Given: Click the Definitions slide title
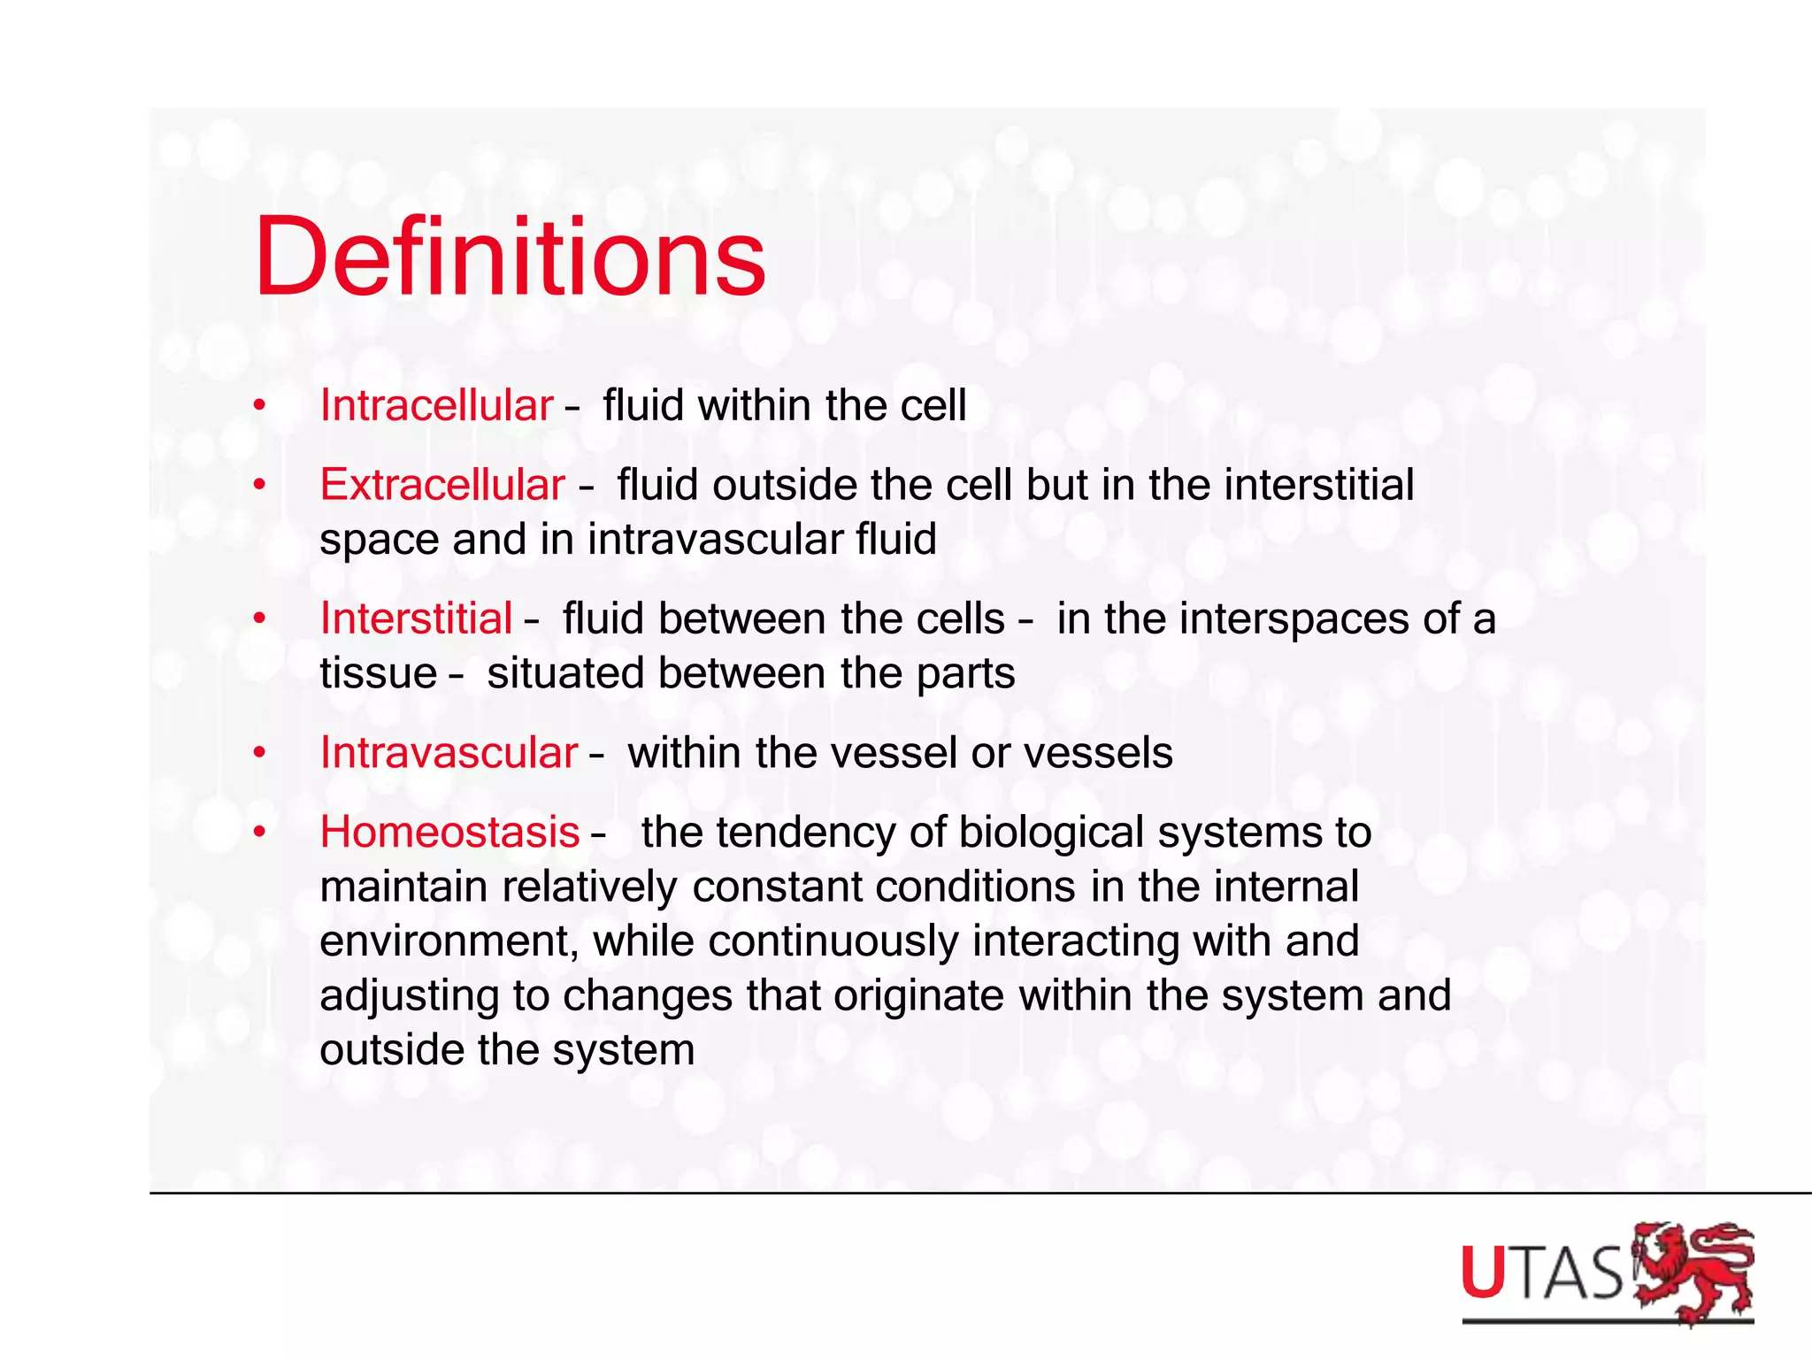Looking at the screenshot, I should point(510,258).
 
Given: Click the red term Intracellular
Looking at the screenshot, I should point(436,406).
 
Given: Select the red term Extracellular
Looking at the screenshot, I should point(442,485).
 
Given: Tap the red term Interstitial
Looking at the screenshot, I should point(416,618).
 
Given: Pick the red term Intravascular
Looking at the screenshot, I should point(449,753).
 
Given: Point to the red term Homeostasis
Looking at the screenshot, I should point(449,833).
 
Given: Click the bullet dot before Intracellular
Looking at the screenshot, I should point(259,407).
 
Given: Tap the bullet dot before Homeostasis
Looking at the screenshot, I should point(259,833).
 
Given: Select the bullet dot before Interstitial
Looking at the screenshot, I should point(259,618).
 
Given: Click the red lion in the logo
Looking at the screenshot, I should point(1692,1273).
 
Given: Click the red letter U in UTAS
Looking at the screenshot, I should point(1484,1274).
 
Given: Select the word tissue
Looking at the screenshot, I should point(378,673).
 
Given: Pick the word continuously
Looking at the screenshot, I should point(833,941).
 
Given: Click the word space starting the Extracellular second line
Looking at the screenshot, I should point(378,541).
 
